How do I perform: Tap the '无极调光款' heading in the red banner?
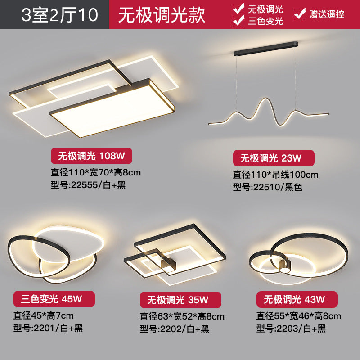pyautogui.click(x=162, y=15)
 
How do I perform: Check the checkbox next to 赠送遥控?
pyautogui.click(x=299, y=14)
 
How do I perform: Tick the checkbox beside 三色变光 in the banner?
pyautogui.click(x=239, y=20)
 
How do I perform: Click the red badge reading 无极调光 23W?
pyautogui.click(x=273, y=158)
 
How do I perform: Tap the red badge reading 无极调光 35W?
pyautogui.click(x=180, y=300)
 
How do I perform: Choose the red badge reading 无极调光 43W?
pyautogui.click(x=297, y=299)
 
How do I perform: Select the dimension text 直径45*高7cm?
pyautogui.click(x=43, y=315)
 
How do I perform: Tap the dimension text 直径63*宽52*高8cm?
pyautogui.click(x=182, y=316)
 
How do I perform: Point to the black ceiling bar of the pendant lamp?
pyautogui.click(x=265, y=46)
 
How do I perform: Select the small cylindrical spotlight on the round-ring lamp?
pyautogui.click(x=284, y=265)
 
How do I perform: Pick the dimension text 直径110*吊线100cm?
pyautogui.click(x=275, y=174)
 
